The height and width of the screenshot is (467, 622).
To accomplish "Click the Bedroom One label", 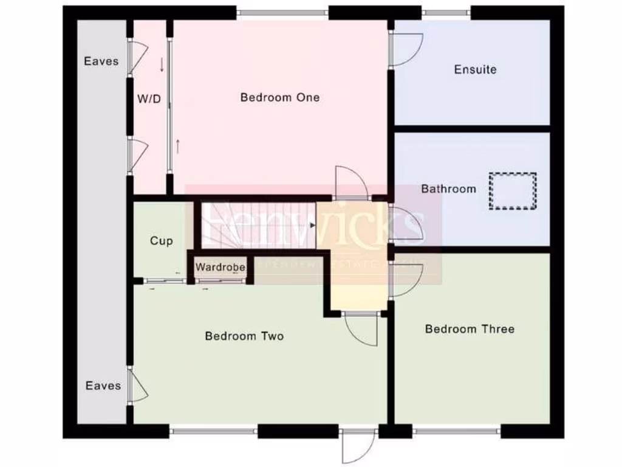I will [279, 97].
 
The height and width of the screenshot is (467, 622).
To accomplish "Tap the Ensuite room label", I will [475, 69].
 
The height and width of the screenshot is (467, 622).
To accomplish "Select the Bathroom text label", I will [448, 189].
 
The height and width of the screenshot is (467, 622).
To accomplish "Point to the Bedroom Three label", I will [470, 329].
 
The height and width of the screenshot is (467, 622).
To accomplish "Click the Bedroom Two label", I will [244, 336].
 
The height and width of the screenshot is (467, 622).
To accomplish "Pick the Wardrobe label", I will [220, 267].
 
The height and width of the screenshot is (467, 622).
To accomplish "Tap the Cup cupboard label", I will [161, 241].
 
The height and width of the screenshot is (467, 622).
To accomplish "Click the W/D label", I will [148, 99].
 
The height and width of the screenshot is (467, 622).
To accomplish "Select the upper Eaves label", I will [101, 61].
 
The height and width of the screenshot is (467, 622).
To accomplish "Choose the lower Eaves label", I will [103, 386].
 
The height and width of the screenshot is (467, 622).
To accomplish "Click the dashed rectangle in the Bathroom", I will [513, 191].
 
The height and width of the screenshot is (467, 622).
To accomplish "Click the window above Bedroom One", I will [282, 13].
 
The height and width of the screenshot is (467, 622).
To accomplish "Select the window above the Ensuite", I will [446, 13].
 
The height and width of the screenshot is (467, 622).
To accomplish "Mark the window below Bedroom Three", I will [457, 432].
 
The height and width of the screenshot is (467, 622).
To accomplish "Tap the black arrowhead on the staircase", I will [313, 226].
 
